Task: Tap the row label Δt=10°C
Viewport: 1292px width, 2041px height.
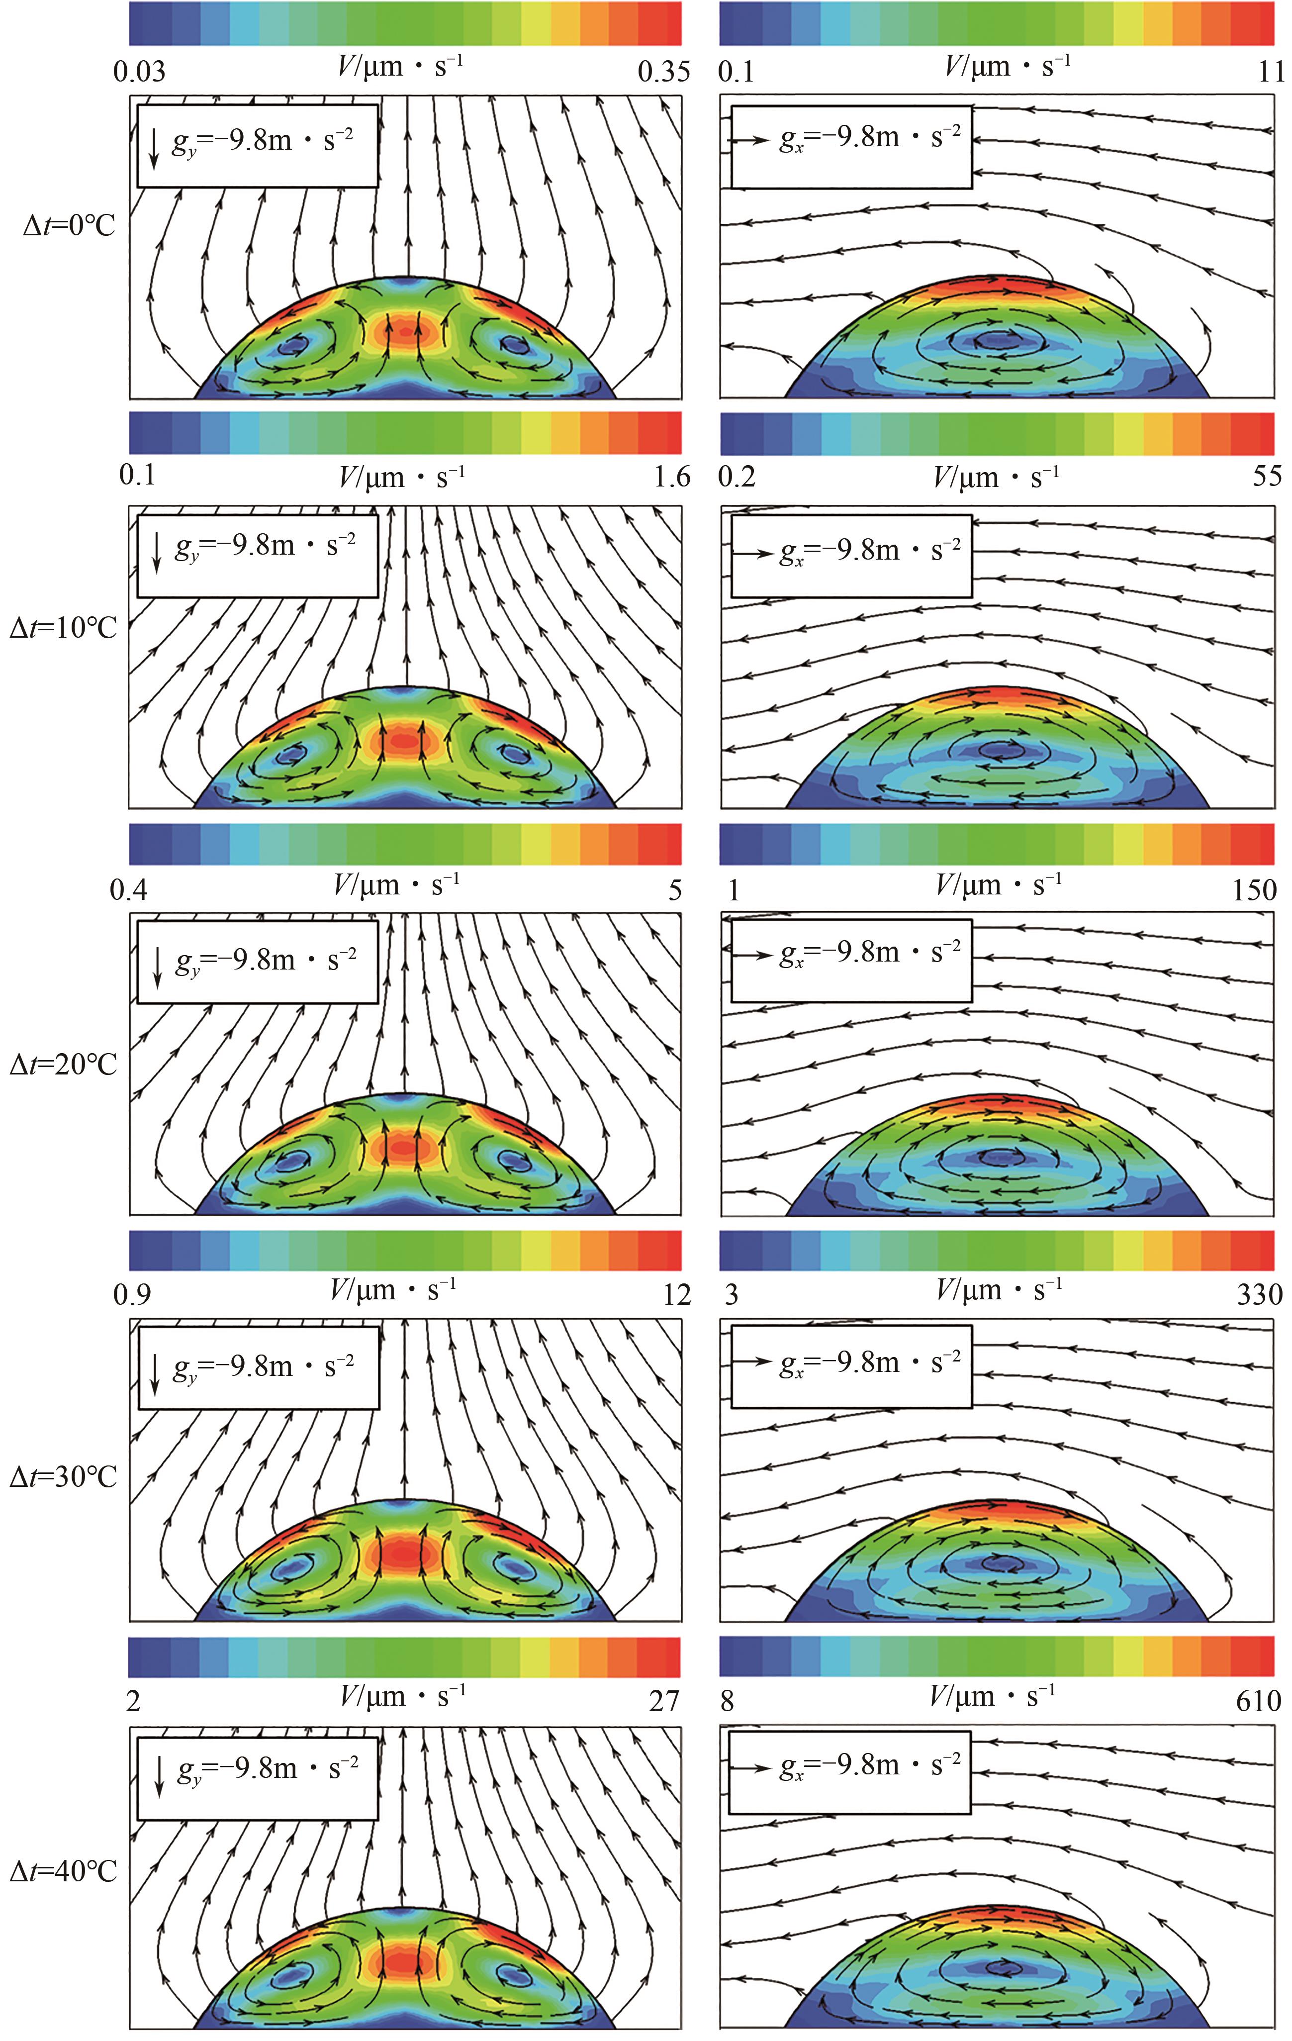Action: [x=64, y=628]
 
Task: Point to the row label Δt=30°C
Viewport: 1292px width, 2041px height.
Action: [x=64, y=1476]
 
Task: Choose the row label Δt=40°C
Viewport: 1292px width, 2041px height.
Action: [x=64, y=1871]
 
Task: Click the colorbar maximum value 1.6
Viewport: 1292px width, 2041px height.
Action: [x=672, y=477]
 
